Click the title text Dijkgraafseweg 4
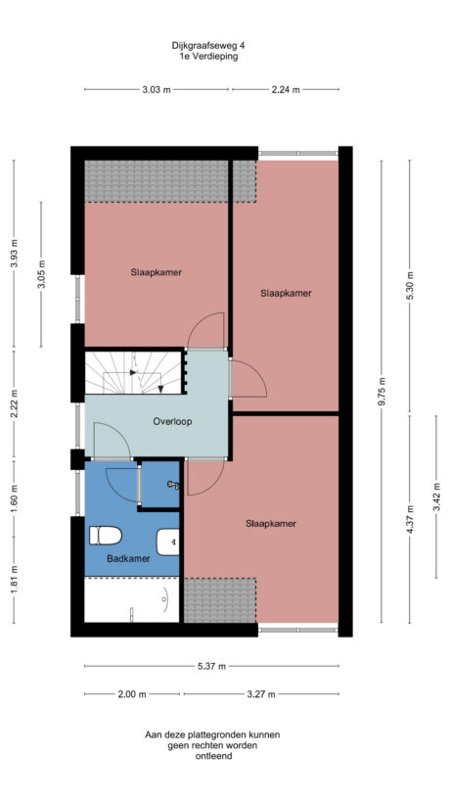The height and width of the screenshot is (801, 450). [207, 45]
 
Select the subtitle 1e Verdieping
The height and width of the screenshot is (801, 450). [207, 57]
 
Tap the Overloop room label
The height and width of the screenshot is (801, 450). [172, 422]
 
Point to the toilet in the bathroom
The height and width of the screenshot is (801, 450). [104, 536]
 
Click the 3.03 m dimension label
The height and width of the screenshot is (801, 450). [157, 89]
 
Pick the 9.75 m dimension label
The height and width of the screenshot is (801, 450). [383, 392]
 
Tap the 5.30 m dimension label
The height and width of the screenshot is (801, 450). [410, 283]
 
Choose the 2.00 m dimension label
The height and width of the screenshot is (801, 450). [132, 694]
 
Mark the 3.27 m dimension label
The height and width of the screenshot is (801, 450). [260, 694]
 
